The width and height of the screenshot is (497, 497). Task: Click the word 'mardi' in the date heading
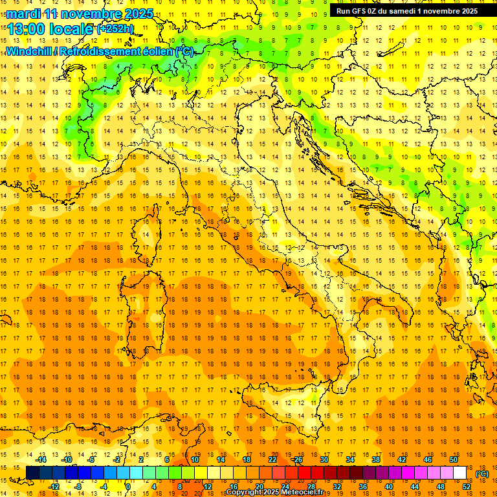(x=23, y=14)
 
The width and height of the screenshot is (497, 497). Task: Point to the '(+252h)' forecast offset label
(x=115, y=29)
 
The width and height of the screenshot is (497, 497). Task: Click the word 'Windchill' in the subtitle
(x=30, y=52)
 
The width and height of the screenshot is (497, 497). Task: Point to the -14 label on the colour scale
(x=41, y=459)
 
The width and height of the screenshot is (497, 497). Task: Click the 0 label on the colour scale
(x=128, y=487)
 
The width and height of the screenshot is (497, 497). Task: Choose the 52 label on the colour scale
(x=467, y=487)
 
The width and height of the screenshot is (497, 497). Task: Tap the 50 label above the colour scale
(x=454, y=459)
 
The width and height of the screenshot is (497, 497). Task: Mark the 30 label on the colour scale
(x=324, y=459)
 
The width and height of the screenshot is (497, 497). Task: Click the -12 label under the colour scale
(x=54, y=487)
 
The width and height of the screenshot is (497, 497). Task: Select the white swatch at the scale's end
(x=460, y=473)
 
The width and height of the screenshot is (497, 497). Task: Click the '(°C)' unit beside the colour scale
(x=482, y=474)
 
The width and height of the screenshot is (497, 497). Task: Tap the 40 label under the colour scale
(x=389, y=487)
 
